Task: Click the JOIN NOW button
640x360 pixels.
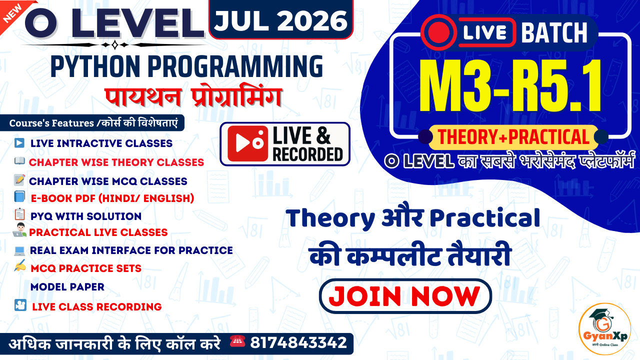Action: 405,296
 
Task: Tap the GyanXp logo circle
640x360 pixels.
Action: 604,329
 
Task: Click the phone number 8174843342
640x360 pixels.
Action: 298,343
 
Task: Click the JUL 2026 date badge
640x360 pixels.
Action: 281,20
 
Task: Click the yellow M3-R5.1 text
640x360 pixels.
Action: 510,86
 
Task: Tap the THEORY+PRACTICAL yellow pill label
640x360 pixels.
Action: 513,136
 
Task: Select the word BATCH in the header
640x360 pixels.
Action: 554,33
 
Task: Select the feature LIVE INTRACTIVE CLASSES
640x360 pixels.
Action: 101,143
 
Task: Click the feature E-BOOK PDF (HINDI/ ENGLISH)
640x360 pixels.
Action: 112,198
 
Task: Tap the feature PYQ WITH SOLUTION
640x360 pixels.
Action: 85,216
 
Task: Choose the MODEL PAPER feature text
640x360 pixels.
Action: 67,287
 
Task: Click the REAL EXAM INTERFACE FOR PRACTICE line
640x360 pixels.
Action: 131,250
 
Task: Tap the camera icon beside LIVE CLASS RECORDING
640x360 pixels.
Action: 20,305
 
